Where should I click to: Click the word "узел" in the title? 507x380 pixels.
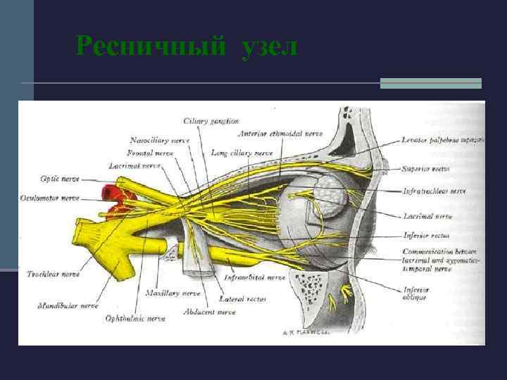(x=269, y=47)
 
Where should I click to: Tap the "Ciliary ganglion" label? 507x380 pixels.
(x=211, y=122)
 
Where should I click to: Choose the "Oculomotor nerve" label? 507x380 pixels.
(x=51, y=198)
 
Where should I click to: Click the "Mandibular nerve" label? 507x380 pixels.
(x=68, y=305)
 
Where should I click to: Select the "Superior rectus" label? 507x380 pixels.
(x=426, y=169)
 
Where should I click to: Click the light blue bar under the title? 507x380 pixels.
(x=430, y=83)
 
